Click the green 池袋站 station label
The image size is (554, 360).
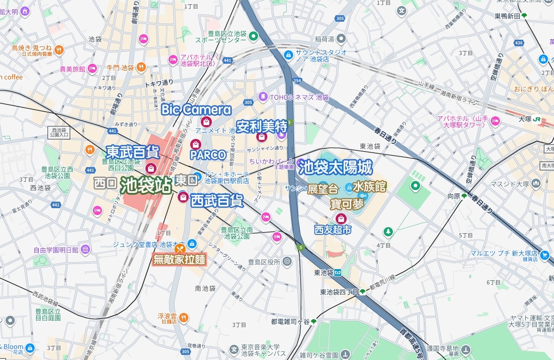pos(146,185)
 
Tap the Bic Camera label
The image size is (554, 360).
pos(196,110)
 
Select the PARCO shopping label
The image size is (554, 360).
pos(208,155)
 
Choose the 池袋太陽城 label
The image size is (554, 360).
pos(335,167)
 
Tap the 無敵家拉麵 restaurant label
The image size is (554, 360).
pos(179,259)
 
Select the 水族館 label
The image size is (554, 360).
pos(369,186)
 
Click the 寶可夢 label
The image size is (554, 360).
pos(347,204)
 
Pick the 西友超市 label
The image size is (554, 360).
pos(333,229)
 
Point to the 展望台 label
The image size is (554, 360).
pos(323,189)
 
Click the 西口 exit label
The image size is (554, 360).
pos(105,183)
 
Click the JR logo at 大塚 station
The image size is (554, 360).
pos(537,118)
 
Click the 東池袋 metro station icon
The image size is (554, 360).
pos(338,272)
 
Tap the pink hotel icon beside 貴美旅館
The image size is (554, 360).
pos(92,69)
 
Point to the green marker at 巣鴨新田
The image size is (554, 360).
pos(524,16)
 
